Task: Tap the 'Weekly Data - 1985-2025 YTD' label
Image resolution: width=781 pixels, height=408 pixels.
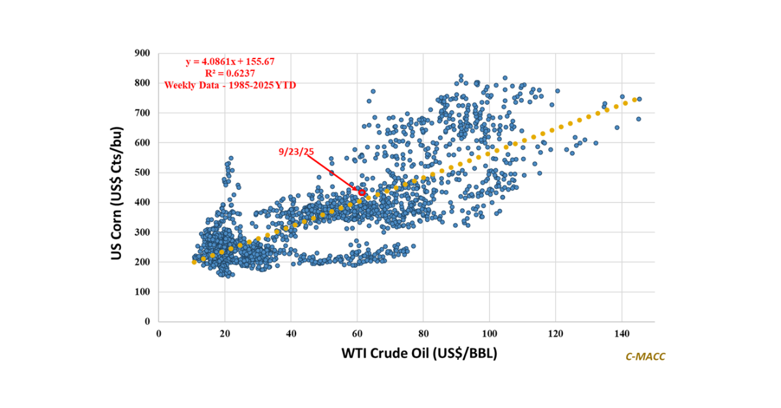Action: [230, 85]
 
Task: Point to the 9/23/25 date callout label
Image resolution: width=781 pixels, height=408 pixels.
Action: [296, 152]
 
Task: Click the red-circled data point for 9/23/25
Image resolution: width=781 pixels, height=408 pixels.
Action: [362, 193]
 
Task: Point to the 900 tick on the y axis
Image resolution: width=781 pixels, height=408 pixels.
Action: [142, 53]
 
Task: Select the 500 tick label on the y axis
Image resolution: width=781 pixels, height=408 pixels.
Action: [142, 172]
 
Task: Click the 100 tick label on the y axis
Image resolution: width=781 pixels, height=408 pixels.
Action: [142, 292]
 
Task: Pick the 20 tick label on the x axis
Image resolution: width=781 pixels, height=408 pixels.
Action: [225, 333]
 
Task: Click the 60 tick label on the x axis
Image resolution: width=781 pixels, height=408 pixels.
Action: [357, 333]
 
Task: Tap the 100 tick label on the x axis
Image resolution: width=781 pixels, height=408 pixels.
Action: [489, 333]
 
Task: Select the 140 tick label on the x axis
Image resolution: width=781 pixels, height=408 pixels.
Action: [622, 333]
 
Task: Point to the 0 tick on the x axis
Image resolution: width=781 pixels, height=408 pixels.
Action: [159, 333]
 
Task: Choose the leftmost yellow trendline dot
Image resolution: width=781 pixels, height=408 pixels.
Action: [194, 262]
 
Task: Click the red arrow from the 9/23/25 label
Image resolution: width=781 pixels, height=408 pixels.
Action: [332, 173]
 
